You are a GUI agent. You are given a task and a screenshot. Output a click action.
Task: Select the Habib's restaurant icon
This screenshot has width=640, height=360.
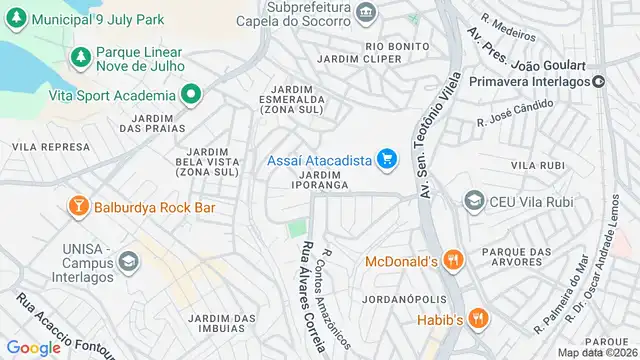[478, 319]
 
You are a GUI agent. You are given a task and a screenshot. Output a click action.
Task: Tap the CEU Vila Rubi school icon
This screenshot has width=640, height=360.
[473, 201]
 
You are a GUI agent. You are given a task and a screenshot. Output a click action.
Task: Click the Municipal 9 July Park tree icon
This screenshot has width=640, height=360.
[16, 19]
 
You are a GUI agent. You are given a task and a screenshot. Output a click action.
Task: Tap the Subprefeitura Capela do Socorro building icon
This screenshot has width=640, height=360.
[366, 13]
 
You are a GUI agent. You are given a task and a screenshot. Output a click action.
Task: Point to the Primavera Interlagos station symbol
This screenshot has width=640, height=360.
[598, 80]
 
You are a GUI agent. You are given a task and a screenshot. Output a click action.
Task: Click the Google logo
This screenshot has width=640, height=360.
[33, 347]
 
